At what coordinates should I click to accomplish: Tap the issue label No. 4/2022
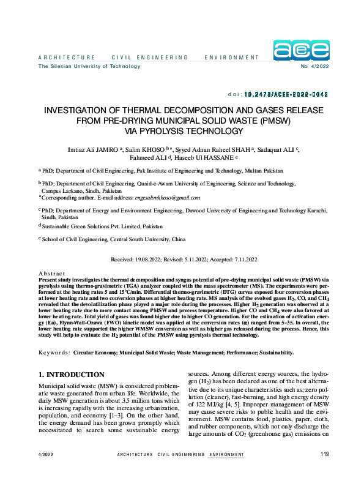pyautogui.click(x=315, y=66)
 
